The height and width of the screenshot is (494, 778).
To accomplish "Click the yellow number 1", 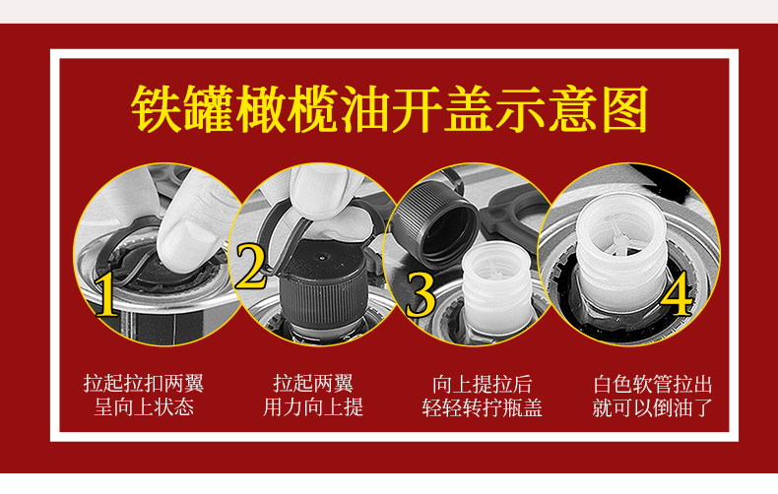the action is pyautogui.click(x=106, y=294).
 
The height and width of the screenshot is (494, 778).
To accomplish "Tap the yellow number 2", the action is pyautogui.click(x=250, y=266).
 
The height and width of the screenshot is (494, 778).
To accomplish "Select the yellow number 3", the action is pyautogui.click(x=421, y=294).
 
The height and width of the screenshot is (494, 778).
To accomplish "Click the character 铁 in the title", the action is pyautogui.click(x=157, y=109).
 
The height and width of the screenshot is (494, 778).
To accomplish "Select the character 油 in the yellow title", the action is pyautogui.click(x=364, y=109).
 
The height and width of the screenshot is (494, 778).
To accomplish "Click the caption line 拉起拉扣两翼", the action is pyautogui.click(x=144, y=384).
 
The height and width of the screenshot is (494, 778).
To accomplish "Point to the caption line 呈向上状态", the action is pyautogui.click(x=144, y=407).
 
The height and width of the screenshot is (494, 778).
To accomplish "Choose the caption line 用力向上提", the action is pyautogui.click(x=313, y=407).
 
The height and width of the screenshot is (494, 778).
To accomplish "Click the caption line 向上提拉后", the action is pyautogui.click(x=482, y=385).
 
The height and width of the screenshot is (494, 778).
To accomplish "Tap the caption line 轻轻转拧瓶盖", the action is pyautogui.click(x=482, y=407).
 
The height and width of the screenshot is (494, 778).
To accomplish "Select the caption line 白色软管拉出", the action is pyautogui.click(x=653, y=385).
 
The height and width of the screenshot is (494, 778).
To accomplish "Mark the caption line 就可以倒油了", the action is pyautogui.click(x=653, y=407).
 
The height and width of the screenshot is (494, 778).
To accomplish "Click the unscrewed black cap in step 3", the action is pyautogui.click(x=434, y=222).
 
